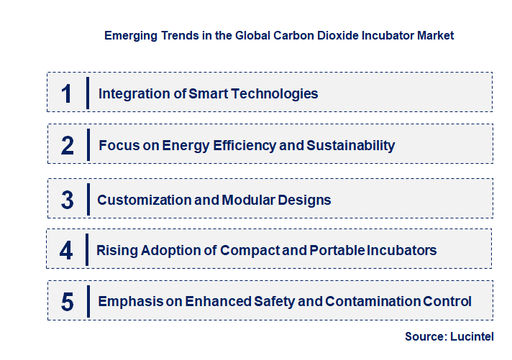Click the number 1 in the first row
tap(67, 93)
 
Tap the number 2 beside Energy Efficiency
tap(68, 146)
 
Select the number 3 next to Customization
tap(68, 200)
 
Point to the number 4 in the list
tap(67, 251)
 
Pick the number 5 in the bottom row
tap(68, 302)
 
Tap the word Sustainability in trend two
tap(351, 145)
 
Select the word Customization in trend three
tap(142, 200)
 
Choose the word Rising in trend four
tap(117, 251)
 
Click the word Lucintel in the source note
tap(476, 336)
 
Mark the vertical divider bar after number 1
tap(87, 93)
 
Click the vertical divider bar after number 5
tap(87, 301)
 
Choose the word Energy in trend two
tap(186, 146)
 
